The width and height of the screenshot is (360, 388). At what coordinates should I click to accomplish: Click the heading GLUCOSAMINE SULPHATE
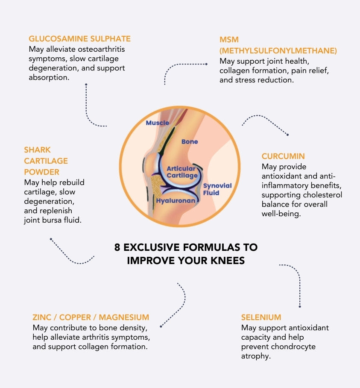coord(79,38)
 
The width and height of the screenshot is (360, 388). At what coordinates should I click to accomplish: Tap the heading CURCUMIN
coord(283,156)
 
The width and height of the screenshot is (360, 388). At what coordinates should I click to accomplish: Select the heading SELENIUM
coord(261,317)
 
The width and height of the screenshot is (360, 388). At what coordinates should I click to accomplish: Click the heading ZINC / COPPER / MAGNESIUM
coord(91,317)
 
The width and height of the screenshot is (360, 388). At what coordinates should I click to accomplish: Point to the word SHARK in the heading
coord(37,150)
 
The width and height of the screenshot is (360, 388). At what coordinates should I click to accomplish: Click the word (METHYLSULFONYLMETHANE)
coord(278,50)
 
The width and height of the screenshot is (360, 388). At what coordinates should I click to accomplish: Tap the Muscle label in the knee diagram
coord(157,123)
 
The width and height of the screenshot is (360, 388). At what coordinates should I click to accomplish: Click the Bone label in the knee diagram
coord(190,141)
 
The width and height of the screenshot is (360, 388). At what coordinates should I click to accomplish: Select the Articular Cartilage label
coord(182,172)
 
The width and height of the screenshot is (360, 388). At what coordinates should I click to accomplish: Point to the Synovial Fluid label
coord(217,189)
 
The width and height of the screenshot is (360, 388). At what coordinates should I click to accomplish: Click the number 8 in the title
coord(117,247)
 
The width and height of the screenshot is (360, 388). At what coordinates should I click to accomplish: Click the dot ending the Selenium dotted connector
coord(300,306)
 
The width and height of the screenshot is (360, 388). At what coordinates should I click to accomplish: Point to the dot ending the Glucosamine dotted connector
coord(86,84)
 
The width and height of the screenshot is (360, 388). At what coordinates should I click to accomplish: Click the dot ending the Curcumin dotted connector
coord(287,135)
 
